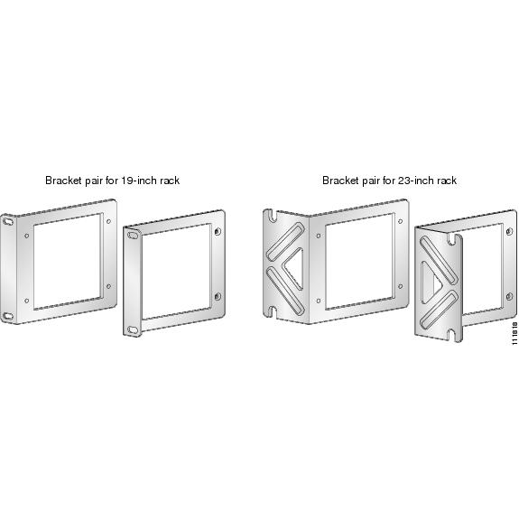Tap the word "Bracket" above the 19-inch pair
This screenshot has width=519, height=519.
pyautogui.click(x=63, y=181)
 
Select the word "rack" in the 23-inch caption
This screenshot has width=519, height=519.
pyautogui.click(x=447, y=181)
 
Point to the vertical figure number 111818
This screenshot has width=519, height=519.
pyautogui.click(x=514, y=333)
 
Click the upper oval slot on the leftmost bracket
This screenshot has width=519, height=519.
pyautogui.click(x=7, y=221)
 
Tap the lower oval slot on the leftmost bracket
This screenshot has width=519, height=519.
pyautogui.click(x=7, y=316)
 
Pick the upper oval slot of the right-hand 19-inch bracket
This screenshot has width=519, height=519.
pyautogui.click(x=133, y=236)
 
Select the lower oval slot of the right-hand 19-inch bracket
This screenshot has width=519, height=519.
pyautogui.click(x=133, y=329)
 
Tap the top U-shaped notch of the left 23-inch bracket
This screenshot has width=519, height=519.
pyautogui.click(x=272, y=216)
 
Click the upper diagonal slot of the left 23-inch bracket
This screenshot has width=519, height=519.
pyautogui.click(x=285, y=241)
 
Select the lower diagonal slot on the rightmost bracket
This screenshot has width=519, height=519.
pyautogui.click(x=440, y=310)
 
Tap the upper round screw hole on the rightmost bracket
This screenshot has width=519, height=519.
pyautogui.click(x=510, y=231)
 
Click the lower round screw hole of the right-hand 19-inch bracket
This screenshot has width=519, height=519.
pyautogui.click(x=218, y=296)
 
